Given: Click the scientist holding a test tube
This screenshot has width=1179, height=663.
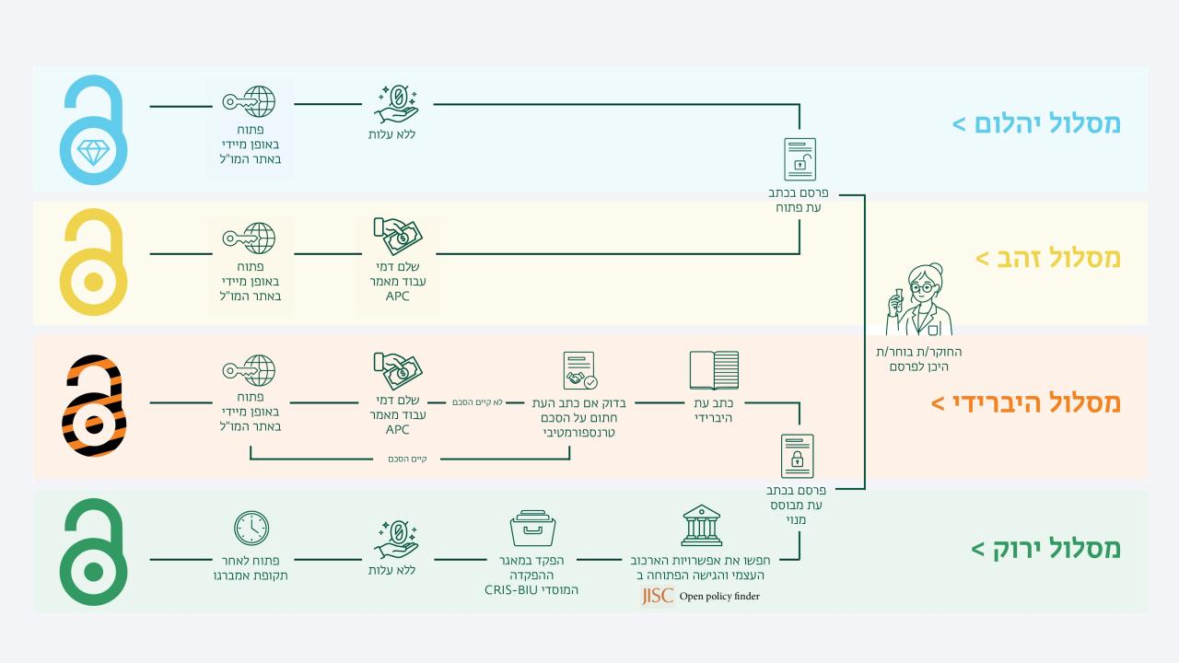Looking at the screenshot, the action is tap(919, 300).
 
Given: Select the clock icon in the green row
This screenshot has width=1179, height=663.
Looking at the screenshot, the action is tap(251, 528).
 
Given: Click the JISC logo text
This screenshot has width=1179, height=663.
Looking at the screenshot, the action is tap(658, 596).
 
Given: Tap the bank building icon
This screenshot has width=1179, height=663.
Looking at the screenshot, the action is tap(701, 526).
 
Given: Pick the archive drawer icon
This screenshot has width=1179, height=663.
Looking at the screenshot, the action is tap(532, 529).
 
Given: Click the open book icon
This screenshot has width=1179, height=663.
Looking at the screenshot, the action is tap(714, 370).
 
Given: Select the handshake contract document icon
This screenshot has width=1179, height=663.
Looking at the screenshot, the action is tap(579, 371).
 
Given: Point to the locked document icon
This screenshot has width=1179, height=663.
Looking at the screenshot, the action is tap(797, 456).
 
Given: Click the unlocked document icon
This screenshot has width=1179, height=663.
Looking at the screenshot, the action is tap(800, 159).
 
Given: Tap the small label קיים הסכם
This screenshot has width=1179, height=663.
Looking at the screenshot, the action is tap(407, 459).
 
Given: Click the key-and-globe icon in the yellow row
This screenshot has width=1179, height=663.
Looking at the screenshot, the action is tap(249, 238).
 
